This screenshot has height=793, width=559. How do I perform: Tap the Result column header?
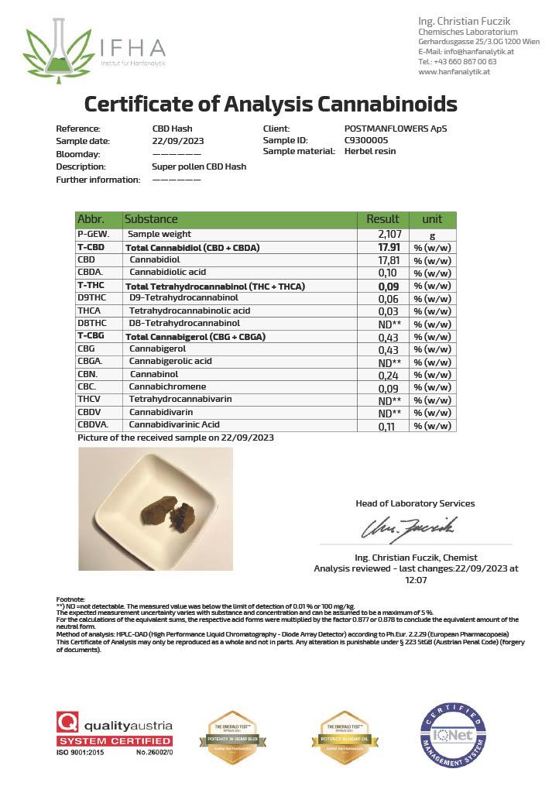pos(382,219)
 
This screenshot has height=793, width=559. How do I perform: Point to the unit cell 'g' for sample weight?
pos(432,234)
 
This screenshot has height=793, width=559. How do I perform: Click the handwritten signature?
pos(409,529)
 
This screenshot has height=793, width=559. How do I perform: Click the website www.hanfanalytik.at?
pos(454,71)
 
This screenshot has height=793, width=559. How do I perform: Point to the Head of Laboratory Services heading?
pos(415,503)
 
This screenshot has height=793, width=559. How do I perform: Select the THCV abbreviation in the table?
pos(88,400)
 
